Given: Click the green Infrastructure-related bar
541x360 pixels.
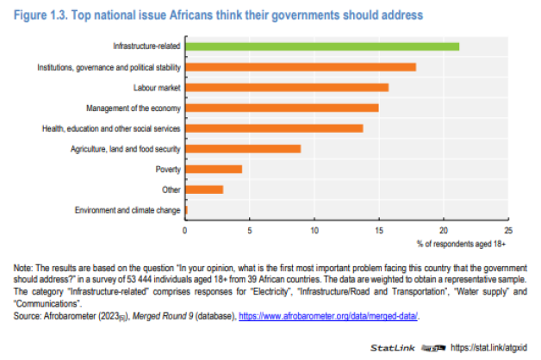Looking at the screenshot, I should click(321, 46).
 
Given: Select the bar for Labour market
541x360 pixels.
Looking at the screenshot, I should click(286, 87).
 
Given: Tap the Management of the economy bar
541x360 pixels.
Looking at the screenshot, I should click(281, 108).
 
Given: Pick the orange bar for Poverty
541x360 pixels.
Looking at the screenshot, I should click(213, 169).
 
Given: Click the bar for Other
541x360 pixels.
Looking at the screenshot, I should click(203, 189).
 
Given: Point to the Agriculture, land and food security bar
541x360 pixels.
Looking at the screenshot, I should click(242, 148).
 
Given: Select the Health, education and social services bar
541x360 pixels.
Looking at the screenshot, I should click(273, 127).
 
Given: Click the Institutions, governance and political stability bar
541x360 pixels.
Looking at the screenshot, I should click(300, 66).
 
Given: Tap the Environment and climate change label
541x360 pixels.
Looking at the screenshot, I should click(127, 210).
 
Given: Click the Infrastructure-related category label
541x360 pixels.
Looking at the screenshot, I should click(146, 46).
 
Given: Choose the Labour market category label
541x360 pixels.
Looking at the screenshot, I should click(156, 87).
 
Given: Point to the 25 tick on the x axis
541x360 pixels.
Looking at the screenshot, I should click(507, 231).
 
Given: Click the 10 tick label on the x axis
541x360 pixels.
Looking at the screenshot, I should click(314, 231).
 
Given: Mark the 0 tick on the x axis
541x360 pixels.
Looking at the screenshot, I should click(185, 231).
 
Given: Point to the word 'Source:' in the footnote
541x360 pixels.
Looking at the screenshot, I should click(29, 316).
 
